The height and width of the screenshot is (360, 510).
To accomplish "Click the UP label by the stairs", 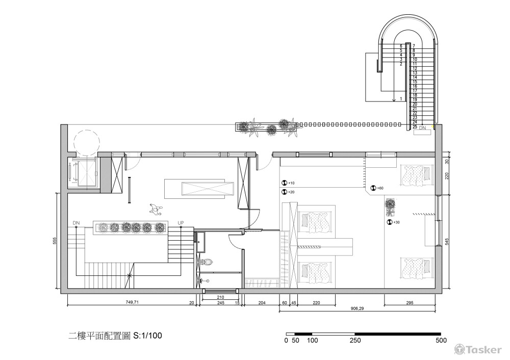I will (x=181, y=223).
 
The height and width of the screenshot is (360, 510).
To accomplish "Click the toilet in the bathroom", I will (x=207, y=262).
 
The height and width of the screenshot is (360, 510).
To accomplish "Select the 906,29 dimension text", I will (x=357, y=307).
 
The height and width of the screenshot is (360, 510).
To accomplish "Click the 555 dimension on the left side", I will (x=55, y=241).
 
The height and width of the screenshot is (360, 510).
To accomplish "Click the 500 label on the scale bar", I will (x=442, y=341).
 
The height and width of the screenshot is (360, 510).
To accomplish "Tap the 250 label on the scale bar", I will (x=355, y=341).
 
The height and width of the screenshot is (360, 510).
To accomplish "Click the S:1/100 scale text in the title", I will (x=148, y=336).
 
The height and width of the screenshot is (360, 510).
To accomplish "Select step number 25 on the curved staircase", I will (x=415, y=126).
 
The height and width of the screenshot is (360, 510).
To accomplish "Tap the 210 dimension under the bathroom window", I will (x=220, y=297).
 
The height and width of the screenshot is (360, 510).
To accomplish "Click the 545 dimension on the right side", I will (x=447, y=242).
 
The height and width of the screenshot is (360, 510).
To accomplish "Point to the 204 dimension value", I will (x=262, y=303).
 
